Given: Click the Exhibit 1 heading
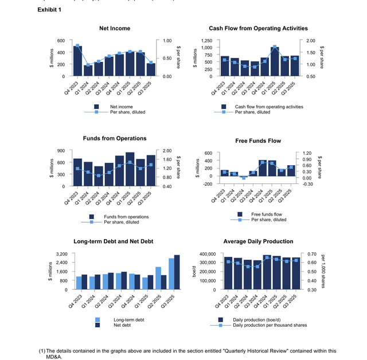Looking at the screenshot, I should click(49, 10).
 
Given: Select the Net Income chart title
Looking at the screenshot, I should click(115, 28).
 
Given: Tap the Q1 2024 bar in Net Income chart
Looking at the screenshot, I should click(88, 71).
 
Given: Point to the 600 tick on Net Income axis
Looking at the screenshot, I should click(61, 41).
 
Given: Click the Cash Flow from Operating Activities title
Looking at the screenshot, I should click(258, 28).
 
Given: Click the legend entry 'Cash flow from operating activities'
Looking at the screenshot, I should click(269, 107).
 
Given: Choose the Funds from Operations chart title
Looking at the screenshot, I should click(115, 138).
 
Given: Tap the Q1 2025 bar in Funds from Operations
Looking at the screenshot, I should click(130, 169).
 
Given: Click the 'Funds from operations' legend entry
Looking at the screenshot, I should click(126, 217).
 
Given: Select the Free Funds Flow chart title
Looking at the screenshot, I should click(258, 140).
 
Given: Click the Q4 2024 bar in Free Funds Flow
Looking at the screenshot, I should click(263, 168).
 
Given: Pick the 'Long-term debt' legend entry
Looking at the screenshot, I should click(129, 320).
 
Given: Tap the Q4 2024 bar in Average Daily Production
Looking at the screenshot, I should click(266, 272).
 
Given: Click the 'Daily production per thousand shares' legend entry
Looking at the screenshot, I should click(270, 325).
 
